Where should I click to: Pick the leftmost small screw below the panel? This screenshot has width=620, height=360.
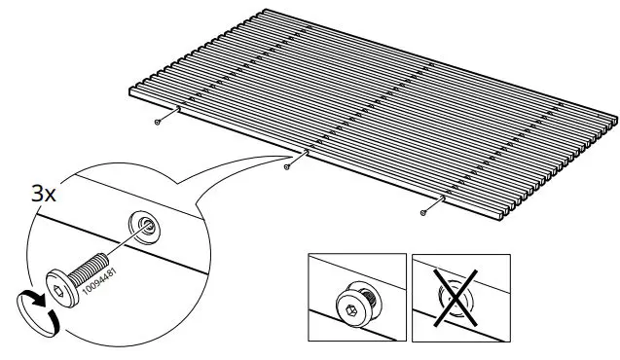coord(157,123)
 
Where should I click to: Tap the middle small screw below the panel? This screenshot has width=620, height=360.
coord(286,167)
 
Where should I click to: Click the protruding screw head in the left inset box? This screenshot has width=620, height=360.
coord(359,303)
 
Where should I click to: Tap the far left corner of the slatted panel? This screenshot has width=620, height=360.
coord(130,90)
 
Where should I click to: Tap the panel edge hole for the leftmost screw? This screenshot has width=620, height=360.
coord(177,109)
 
